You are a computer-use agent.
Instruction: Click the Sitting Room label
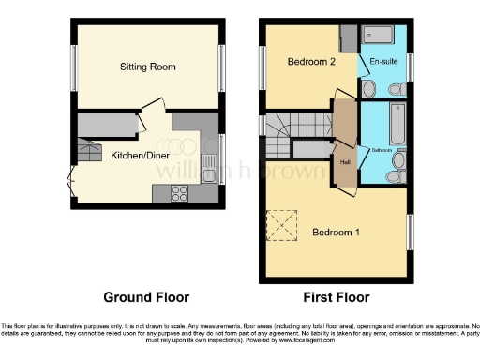[x=147, y=67]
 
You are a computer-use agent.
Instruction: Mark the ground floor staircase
[x=90, y=151]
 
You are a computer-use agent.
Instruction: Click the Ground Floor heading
[x=146, y=297]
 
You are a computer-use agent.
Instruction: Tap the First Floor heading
[x=335, y=297]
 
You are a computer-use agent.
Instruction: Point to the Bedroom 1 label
[x=335, y=232]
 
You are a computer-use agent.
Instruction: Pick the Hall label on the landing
[x=344, y=159]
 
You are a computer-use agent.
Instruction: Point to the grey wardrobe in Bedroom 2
[x=348, y=38]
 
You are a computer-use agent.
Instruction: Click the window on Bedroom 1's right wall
[x=410, y=232]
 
